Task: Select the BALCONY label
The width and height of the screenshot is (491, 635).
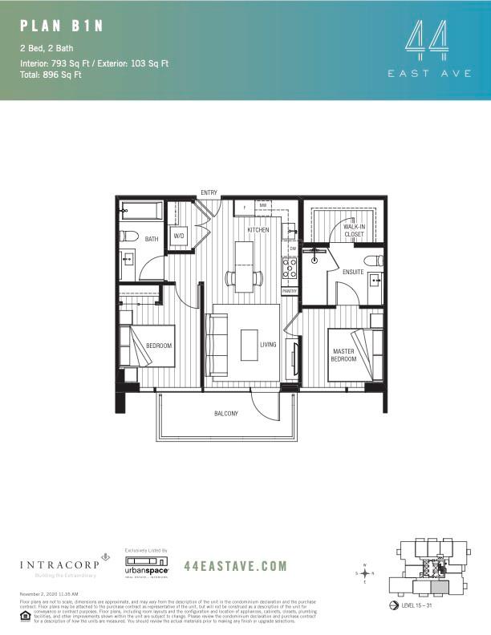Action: (225, 414)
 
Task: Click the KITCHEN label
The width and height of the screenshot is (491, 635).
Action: (258, 230)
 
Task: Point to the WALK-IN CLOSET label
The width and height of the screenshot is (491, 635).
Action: (353, 231)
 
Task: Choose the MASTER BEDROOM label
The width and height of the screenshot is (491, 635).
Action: (343, 355)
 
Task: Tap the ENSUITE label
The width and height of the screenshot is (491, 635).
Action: (353, 272)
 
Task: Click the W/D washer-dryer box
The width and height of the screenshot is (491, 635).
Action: (179, 237)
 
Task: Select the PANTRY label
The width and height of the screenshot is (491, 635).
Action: (290, 291)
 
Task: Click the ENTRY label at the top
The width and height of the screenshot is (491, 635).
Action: (209, 192)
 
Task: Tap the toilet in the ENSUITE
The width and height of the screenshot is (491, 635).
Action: (371, 260)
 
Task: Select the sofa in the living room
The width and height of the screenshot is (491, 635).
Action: (215, 346)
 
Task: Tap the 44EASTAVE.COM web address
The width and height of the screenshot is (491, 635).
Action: (235, 566)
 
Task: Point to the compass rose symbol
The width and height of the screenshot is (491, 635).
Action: (363, 573)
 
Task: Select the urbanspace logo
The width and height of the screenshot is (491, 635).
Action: (144, 568)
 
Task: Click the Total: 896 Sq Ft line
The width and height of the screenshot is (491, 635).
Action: (51, 75)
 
